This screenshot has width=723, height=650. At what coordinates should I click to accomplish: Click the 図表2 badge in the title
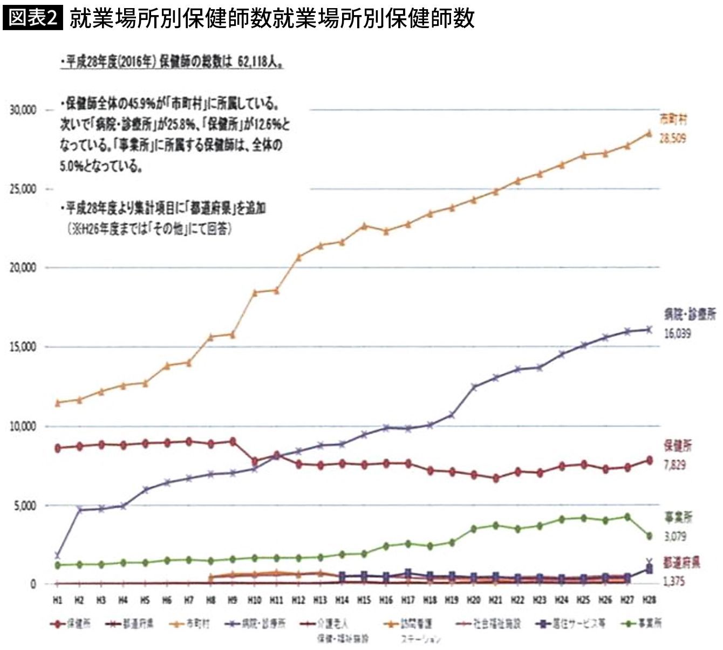click(32, 18)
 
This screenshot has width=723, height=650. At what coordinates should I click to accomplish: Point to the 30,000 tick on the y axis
click(22, 110)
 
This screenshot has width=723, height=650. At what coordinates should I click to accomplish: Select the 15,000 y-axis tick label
click(22, 347)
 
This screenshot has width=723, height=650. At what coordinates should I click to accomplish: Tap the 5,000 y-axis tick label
click(24, 506)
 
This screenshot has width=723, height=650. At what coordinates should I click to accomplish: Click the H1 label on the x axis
click(58, 600)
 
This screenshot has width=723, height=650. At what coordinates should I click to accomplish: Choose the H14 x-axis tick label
click(342, 600)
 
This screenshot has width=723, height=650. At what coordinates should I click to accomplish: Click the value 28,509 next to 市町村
click(673, 139)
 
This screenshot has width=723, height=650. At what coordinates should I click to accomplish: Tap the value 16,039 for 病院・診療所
click(677, 334)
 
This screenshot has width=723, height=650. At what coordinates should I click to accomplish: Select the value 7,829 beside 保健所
click(674, 465)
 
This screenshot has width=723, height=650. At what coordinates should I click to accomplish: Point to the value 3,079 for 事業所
click(676, 537)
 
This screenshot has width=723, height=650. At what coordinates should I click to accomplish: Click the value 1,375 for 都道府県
click(674, 582)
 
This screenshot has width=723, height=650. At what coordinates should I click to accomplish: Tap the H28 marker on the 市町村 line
click(649, 133)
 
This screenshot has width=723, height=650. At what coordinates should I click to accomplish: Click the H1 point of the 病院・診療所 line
click(58, 556)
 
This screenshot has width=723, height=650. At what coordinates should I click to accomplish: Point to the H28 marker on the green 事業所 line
click(649, 536)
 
